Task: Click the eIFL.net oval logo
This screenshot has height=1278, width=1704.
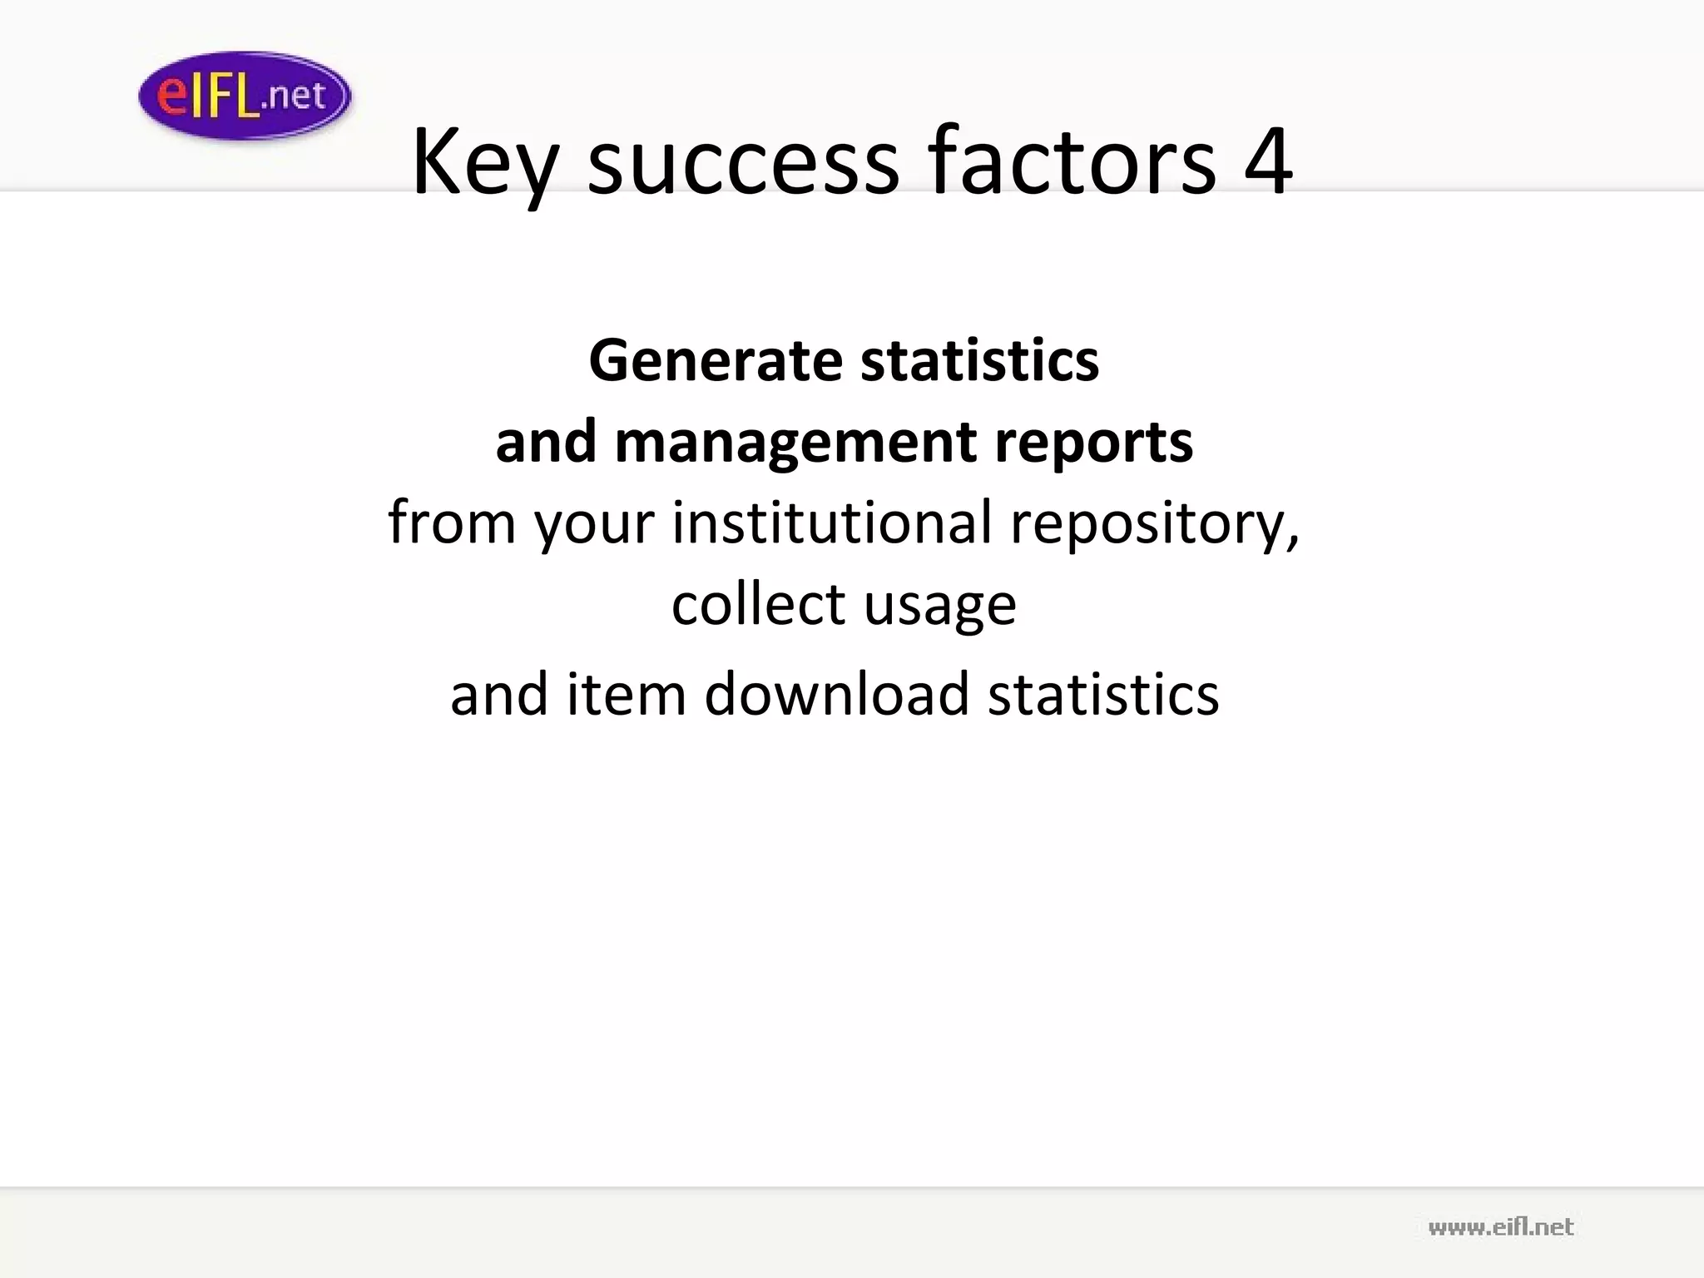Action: (x=245, y=96)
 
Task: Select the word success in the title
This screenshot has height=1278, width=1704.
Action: (x=743, y=162)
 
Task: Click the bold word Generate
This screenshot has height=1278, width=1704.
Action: (x=716, y=361)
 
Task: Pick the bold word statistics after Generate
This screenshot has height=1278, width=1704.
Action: (x=979, y=361)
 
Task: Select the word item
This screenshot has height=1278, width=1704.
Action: (x=626, y=693)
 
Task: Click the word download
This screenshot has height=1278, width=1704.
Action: (x=836, y=693)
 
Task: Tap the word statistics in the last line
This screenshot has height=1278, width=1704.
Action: (x=1103, y=693)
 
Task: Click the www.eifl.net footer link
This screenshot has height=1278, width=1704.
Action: (x=1500, y=1226)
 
